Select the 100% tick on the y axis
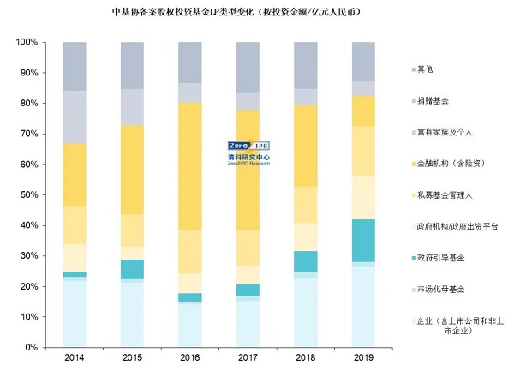25,43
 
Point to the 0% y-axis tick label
30,348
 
